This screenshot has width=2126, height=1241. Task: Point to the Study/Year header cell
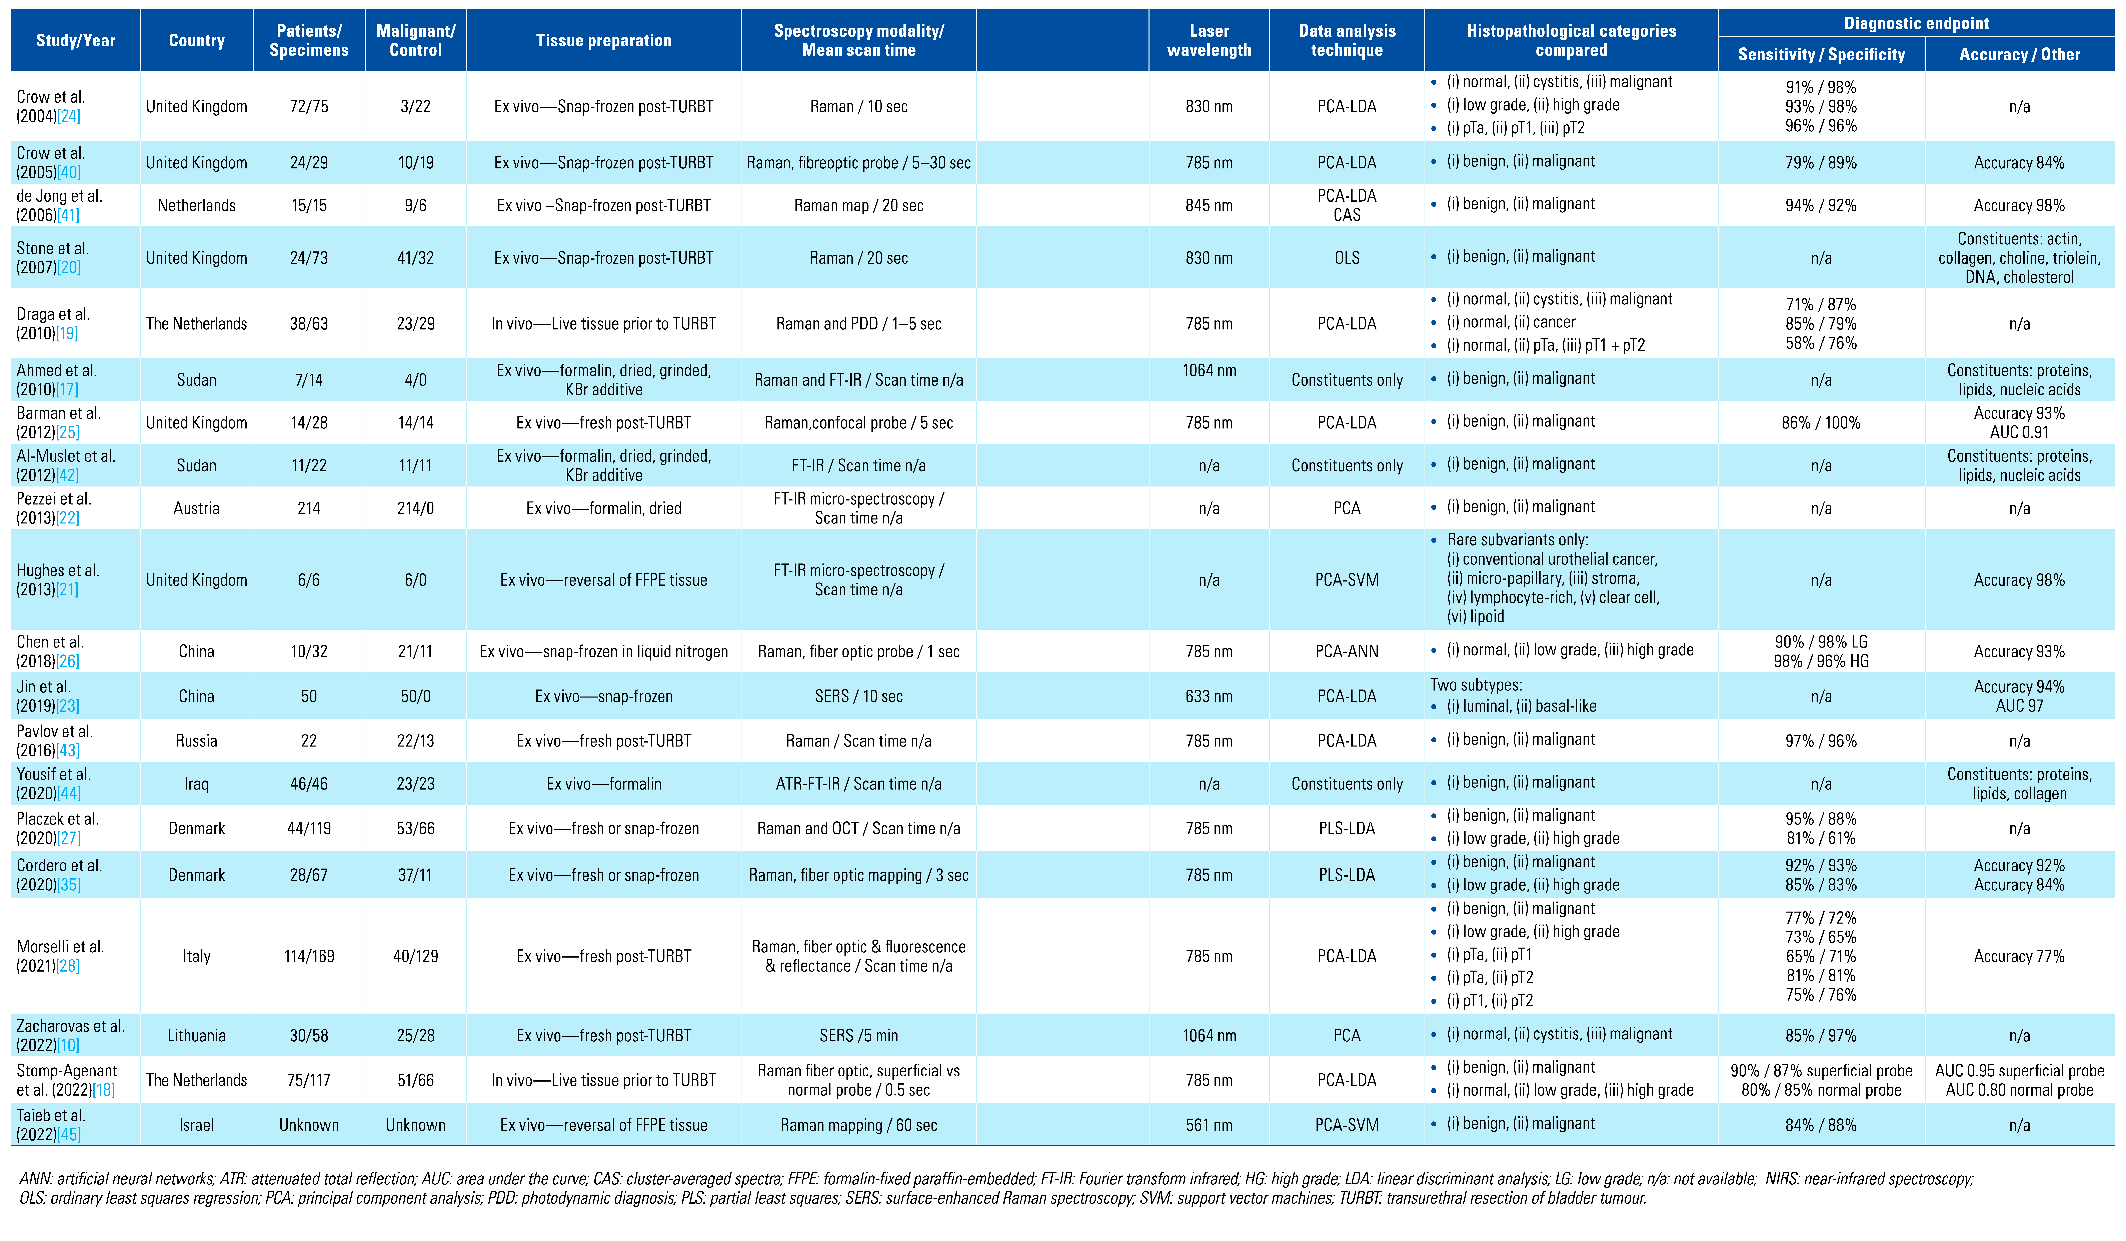[76, 40]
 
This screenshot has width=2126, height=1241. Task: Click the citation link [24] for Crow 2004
[69, 116]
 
